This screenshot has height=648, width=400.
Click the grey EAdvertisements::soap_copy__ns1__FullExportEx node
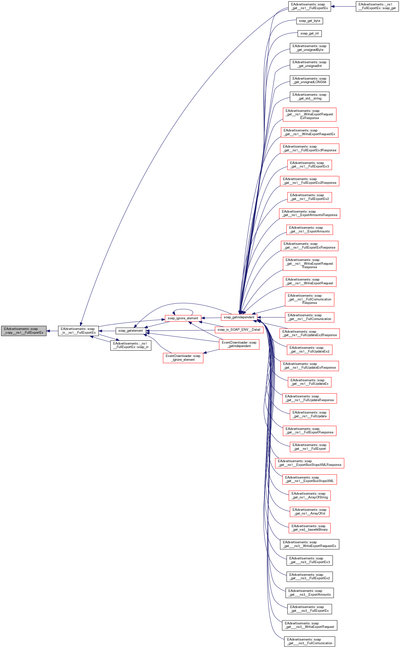point(24,331)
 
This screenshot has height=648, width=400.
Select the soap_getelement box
point(131,331)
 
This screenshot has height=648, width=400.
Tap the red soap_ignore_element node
point(183,318)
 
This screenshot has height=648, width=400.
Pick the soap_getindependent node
point(239,317)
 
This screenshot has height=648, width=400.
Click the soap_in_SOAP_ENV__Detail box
point(239,329)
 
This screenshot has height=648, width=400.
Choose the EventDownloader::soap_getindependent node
point(239,344)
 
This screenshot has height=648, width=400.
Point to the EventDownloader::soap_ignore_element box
point(183,357)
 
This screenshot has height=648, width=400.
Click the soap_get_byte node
point(309,21)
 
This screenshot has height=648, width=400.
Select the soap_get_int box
point(309,33)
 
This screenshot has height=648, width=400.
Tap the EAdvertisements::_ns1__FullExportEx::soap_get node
point(377,6)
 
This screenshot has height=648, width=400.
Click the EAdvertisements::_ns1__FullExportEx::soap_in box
point(131,345)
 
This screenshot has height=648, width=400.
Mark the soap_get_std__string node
point(309,97)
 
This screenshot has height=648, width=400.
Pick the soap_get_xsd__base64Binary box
point(309,528)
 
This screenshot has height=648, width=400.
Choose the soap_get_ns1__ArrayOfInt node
point(309,512)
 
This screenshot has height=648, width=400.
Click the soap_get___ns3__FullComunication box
point(309,641)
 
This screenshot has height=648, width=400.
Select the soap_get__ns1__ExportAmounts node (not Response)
point(309,229)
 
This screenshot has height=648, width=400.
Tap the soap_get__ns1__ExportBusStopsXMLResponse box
point(309,463)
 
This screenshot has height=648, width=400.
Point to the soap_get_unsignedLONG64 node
point(309,80)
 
